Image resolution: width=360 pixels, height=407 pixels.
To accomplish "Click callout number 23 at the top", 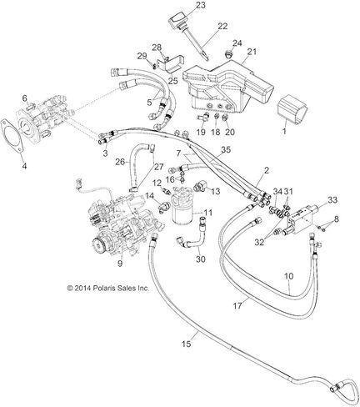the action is pyautogui.click(x=200, y=5).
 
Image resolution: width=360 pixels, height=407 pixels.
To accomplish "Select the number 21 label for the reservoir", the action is pyautogui.click(x=252, y=52).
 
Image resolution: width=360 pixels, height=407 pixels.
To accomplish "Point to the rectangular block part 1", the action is pyautogui.click(x=292, y=110).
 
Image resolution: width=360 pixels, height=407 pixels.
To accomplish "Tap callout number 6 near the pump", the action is pyautogui.click(x=25, y=98).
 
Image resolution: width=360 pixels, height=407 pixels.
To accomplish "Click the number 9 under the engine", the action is pyautogui.click(x=120, y=264).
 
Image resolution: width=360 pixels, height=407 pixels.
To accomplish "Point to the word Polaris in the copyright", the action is pyautogui.click(x=102, y=289).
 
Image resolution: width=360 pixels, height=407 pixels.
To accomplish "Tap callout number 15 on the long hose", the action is pyautogui.click(x=187, y=344).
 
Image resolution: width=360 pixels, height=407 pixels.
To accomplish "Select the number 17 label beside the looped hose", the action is pyautogui.click(x=237, y=306).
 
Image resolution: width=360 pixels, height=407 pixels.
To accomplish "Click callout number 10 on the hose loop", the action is pyautogui.click(x=289, y=276).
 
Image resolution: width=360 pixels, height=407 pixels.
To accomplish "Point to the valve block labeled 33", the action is pyautogui.click(x=300, y=219).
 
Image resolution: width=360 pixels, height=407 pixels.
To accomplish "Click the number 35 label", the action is pyautogui.click(x=226, y=150).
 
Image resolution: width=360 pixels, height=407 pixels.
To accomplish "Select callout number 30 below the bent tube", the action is pyautogui.click(x=201, y=259).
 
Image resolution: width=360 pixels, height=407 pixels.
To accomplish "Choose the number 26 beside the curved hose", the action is pyautogui.click(x=120, y=162).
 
